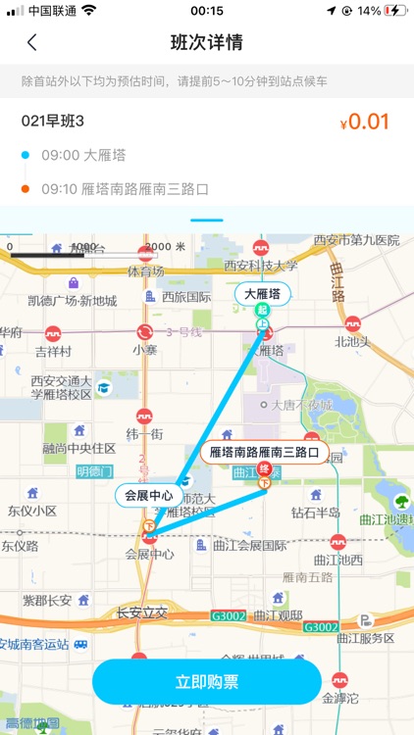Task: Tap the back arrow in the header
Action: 32,43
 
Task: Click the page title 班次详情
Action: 207,43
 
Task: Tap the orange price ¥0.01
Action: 365,122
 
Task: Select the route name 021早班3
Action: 53,122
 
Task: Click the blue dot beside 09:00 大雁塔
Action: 26,155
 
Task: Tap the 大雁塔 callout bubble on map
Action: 262,294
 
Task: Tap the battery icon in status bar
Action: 394,11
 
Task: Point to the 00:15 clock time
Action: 207,11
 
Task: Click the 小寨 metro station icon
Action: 145,332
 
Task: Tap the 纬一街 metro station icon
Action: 144,416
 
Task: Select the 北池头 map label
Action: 352,342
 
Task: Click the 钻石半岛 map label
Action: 316,513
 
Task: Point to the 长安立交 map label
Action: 142,612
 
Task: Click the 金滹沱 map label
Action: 340,698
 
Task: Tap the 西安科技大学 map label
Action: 260,266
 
